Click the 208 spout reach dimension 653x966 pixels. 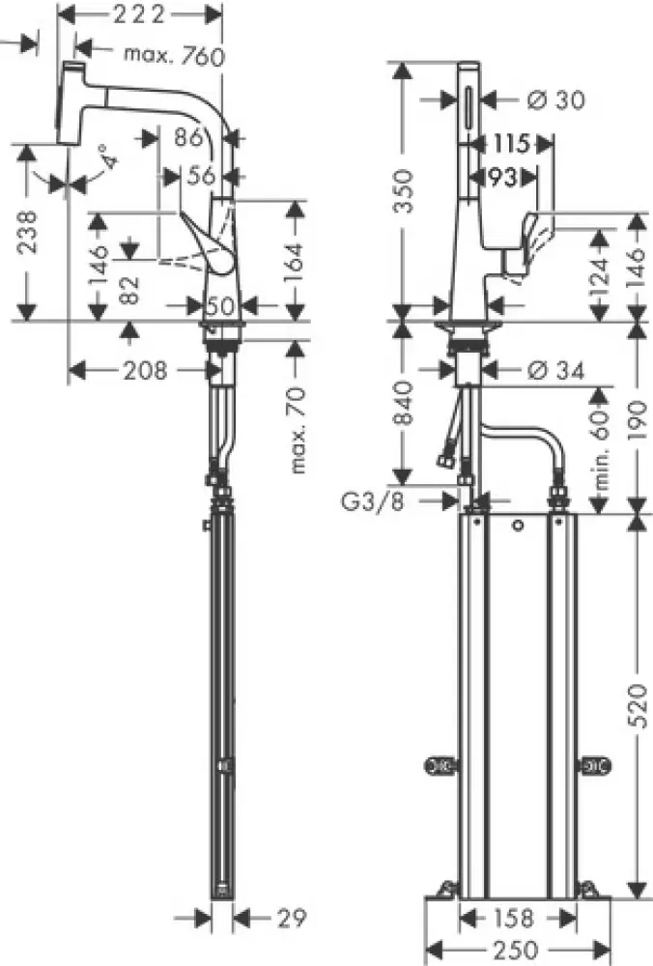click(146, 370)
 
